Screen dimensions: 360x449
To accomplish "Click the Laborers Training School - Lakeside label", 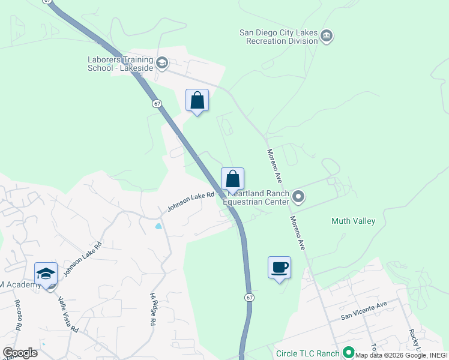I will click(x=120, y=64).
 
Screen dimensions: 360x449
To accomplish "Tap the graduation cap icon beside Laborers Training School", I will click(x=161, y=62).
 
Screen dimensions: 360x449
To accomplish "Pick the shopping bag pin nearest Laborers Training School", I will click(x=197, y=101).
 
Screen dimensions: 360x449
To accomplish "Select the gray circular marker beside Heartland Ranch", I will click(x=298, y=197).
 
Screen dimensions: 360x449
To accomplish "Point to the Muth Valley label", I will click(x=353, y=221).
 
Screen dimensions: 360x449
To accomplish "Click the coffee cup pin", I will click(x=279, y=268).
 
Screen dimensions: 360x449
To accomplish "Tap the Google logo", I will click(x=20, y=353).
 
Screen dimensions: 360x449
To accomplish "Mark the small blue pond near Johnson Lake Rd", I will click(x=158, y=227).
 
